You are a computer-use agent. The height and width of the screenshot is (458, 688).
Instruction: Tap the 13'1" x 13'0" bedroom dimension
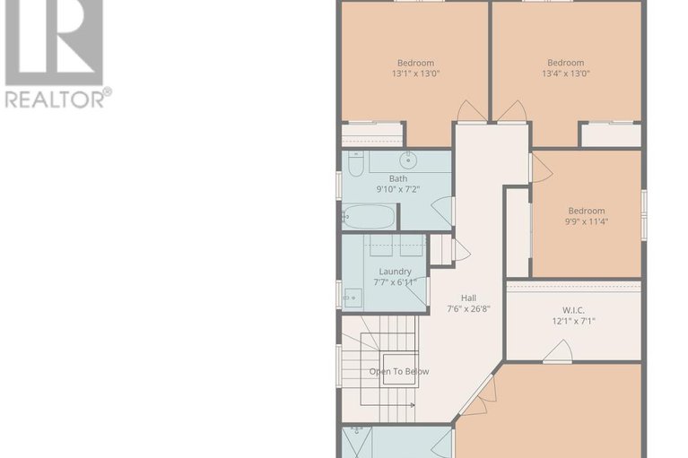pyautogui.click(x=415, y=74)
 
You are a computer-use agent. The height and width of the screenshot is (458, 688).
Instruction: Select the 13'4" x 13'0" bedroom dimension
pyautogui.click(x=565, y=74)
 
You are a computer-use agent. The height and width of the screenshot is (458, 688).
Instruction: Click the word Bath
pyautogui.click(x=397, y=178)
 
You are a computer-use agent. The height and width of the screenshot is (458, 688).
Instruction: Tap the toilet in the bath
pyautogui.click(x=353, y=165)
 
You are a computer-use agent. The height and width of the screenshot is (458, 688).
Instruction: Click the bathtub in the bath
pyautogui.click(x=369, y=216)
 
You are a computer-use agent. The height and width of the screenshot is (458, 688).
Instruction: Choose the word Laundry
pyautogui.click(x=395, y=272)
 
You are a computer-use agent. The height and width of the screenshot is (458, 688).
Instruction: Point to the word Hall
pyautogui.click(x=468, y=298)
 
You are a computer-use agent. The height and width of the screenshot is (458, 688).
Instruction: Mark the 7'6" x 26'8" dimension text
pyautogui.click(x=469, y=310)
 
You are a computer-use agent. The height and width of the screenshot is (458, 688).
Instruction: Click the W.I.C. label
pyautogui.click(x=572, y=309)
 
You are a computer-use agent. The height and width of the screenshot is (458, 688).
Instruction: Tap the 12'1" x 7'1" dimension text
pyautogui.click(x=572, y=321)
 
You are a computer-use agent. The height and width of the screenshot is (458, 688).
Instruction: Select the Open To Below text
pyautogui.click(x=399, y=371)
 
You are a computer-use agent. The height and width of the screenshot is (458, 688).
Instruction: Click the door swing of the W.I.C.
pyautogui.click(x=557, y=352)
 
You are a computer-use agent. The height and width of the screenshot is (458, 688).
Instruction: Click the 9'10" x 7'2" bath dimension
pyautogui.click(x=397, y=190)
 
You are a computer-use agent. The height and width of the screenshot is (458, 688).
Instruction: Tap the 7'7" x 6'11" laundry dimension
pyautogui.click(x=395, y=283)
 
